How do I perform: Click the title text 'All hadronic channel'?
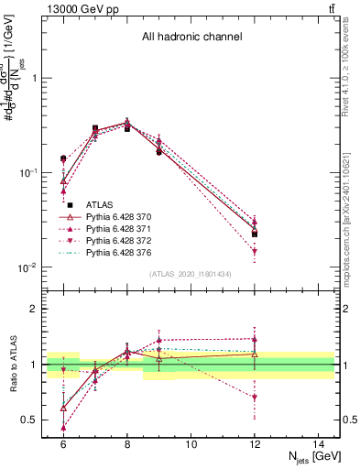pos(191,38)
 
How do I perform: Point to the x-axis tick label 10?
pos(191,444)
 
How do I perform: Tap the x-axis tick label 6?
pos(63,444)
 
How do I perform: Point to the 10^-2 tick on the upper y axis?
pos(33,267)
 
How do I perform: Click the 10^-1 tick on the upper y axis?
pos(33,172)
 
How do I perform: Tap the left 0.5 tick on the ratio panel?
pos(33,420)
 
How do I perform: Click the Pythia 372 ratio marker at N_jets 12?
pos(255,398)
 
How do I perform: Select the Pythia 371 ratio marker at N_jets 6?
pos(63,427)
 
